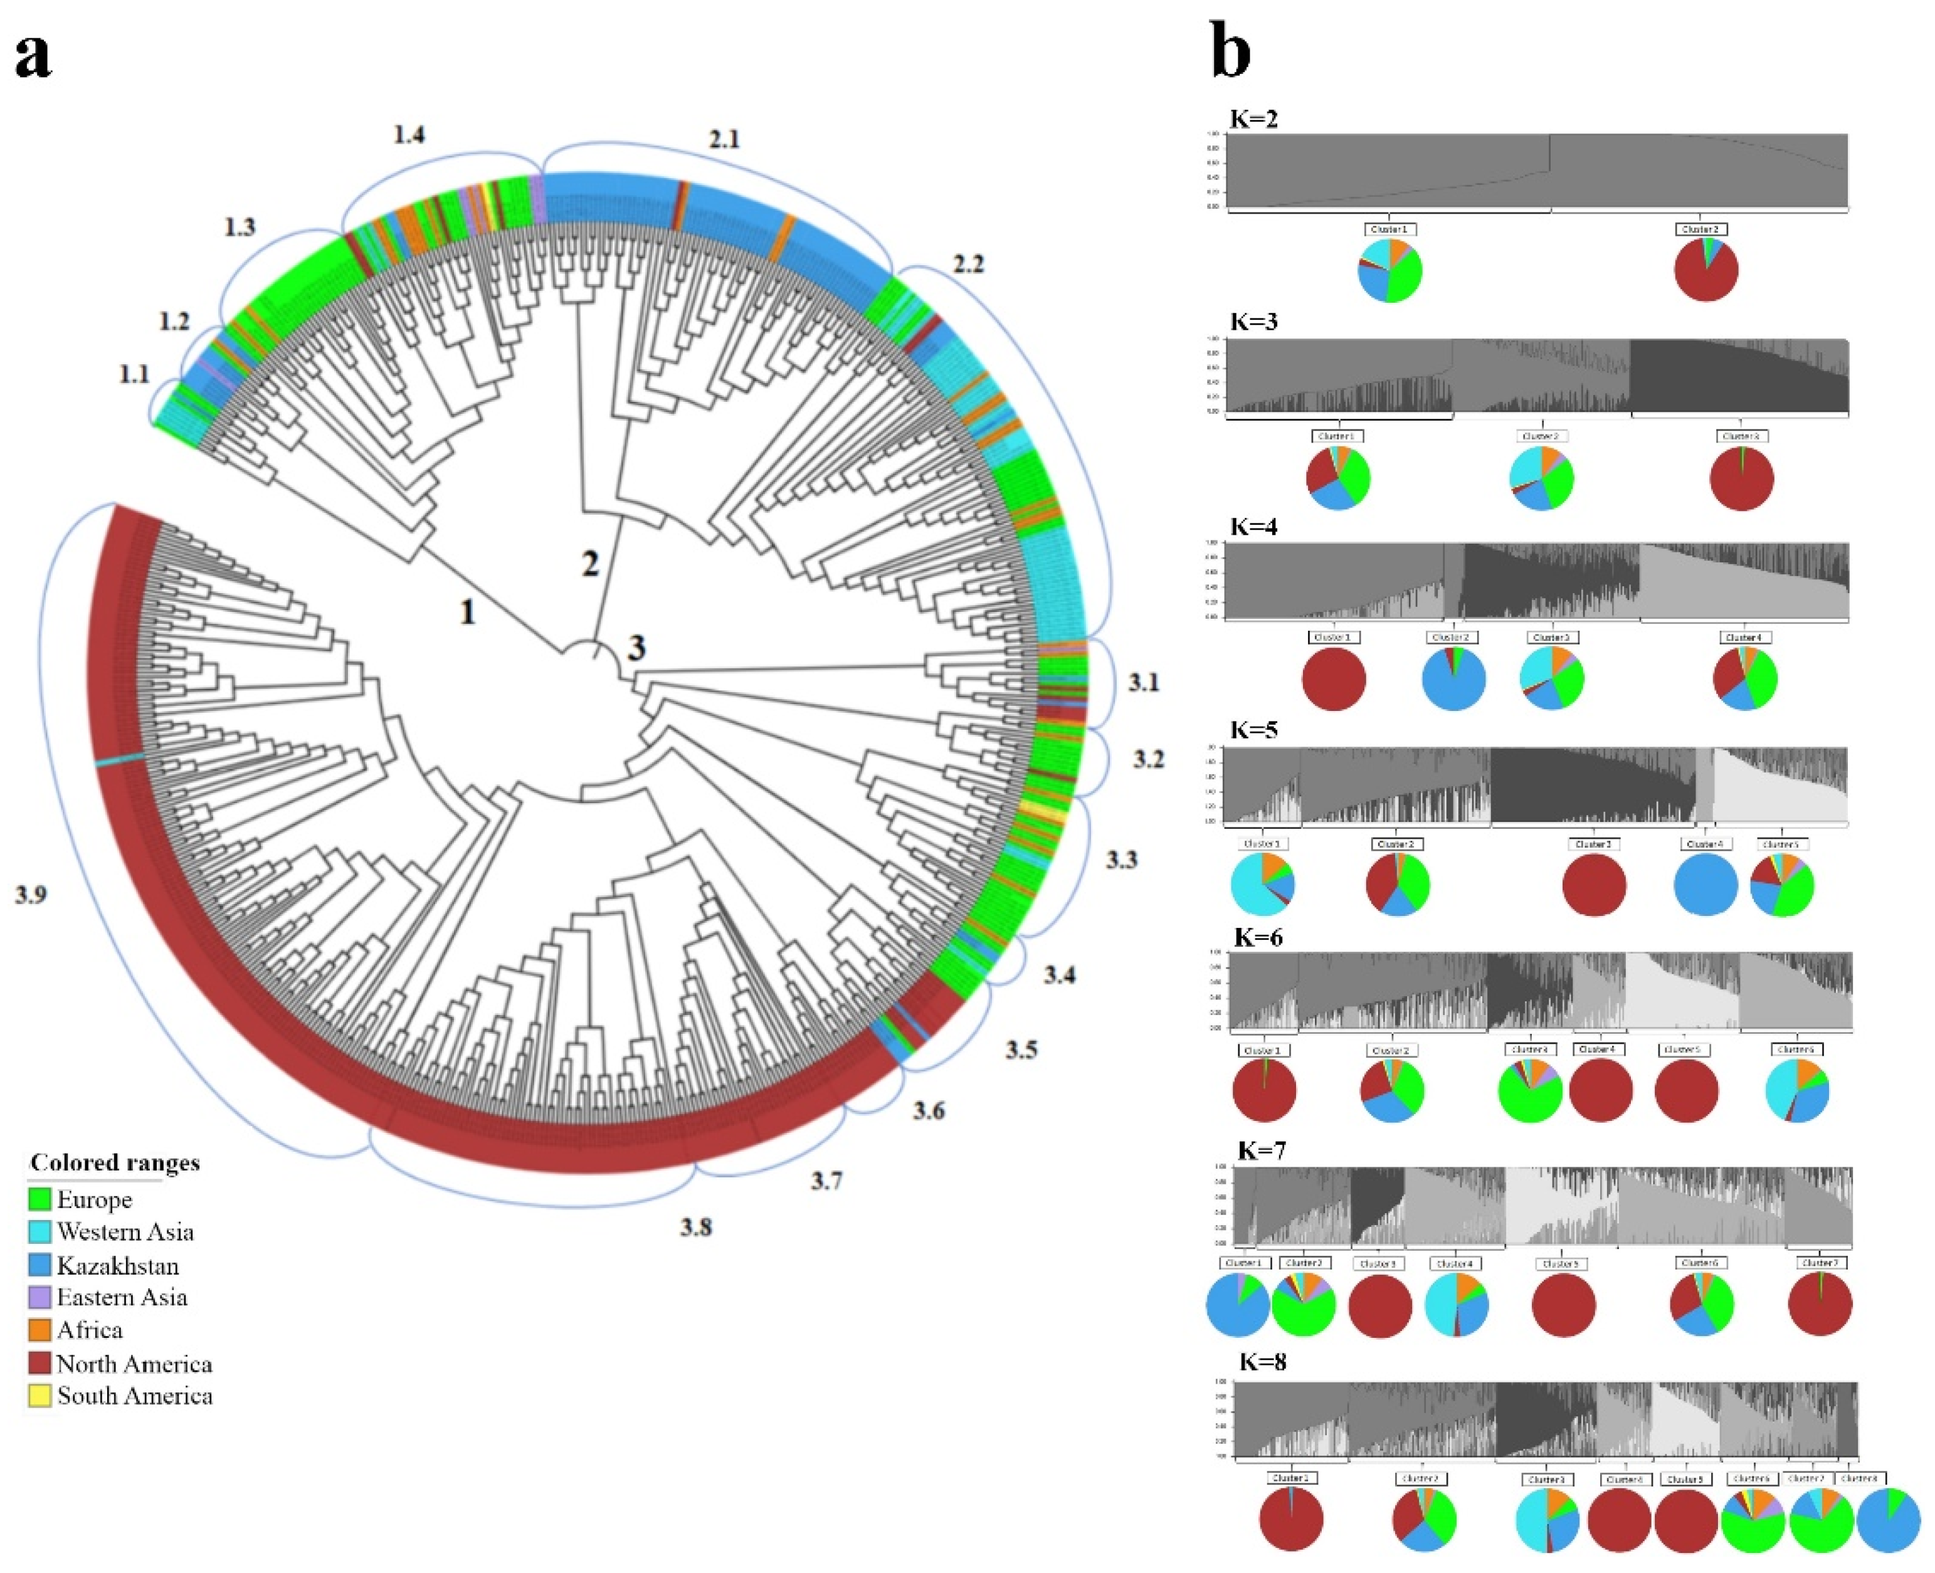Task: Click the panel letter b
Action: (1231, 53)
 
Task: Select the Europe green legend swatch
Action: (40, 1200)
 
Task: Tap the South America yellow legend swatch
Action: (40, 1396)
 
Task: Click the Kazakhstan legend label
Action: (118, 1266)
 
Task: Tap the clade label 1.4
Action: (409, 134)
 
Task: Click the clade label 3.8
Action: (696, 1228)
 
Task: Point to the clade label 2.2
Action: (968, 264)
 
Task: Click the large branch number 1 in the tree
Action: (468, 612)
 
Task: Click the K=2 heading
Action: (1253, 118)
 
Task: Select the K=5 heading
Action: (1254, 730)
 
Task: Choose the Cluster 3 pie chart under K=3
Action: (1741, 478)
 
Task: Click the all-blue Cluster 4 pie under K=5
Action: (1705, 885)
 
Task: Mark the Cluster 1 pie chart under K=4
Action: (1333, 680)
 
